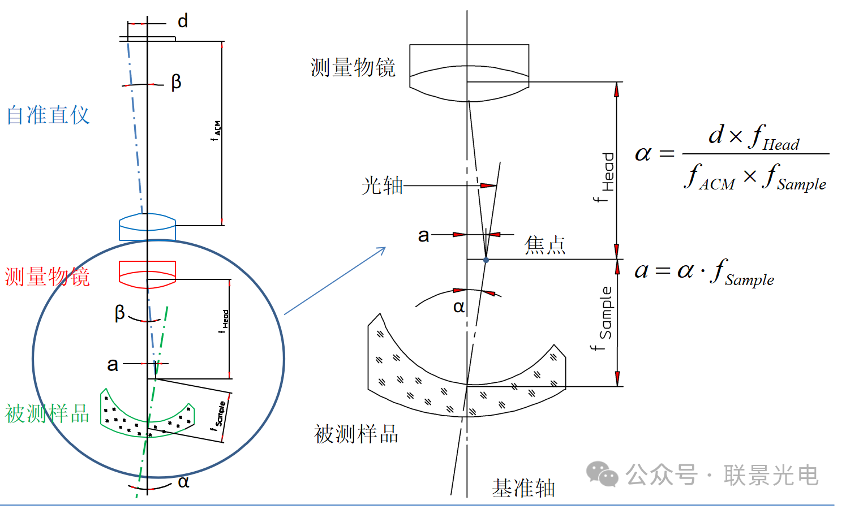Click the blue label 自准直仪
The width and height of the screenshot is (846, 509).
[x=48, y=115]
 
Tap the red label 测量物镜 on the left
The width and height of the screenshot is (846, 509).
[x=48, y=277]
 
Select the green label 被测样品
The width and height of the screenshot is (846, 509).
[x=48, y=414]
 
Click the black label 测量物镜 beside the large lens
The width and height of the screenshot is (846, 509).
[x=353, y=68]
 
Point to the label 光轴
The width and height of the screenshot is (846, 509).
[x=382, y=186]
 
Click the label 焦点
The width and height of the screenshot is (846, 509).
[x=544, y=245]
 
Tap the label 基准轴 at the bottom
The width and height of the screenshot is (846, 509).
[x=523, y=488]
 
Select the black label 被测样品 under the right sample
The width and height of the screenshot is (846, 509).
[x=356, y=434]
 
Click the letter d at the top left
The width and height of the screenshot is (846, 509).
[x=182, y=21]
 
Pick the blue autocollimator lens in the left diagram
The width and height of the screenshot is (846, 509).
[x=147, y=227]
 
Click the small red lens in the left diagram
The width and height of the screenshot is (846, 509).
[x=147, y=274]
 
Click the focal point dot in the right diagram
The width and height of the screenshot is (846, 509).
[x=486, y=260]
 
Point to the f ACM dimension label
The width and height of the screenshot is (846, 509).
[x=216, y=131]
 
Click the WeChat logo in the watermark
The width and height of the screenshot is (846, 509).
[x=602, y=474]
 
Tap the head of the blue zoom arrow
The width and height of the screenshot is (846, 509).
[x=384, y=249]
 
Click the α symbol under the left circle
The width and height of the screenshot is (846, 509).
[x=183, y=482]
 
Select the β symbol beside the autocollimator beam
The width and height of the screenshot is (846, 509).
[x=176, y=82]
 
